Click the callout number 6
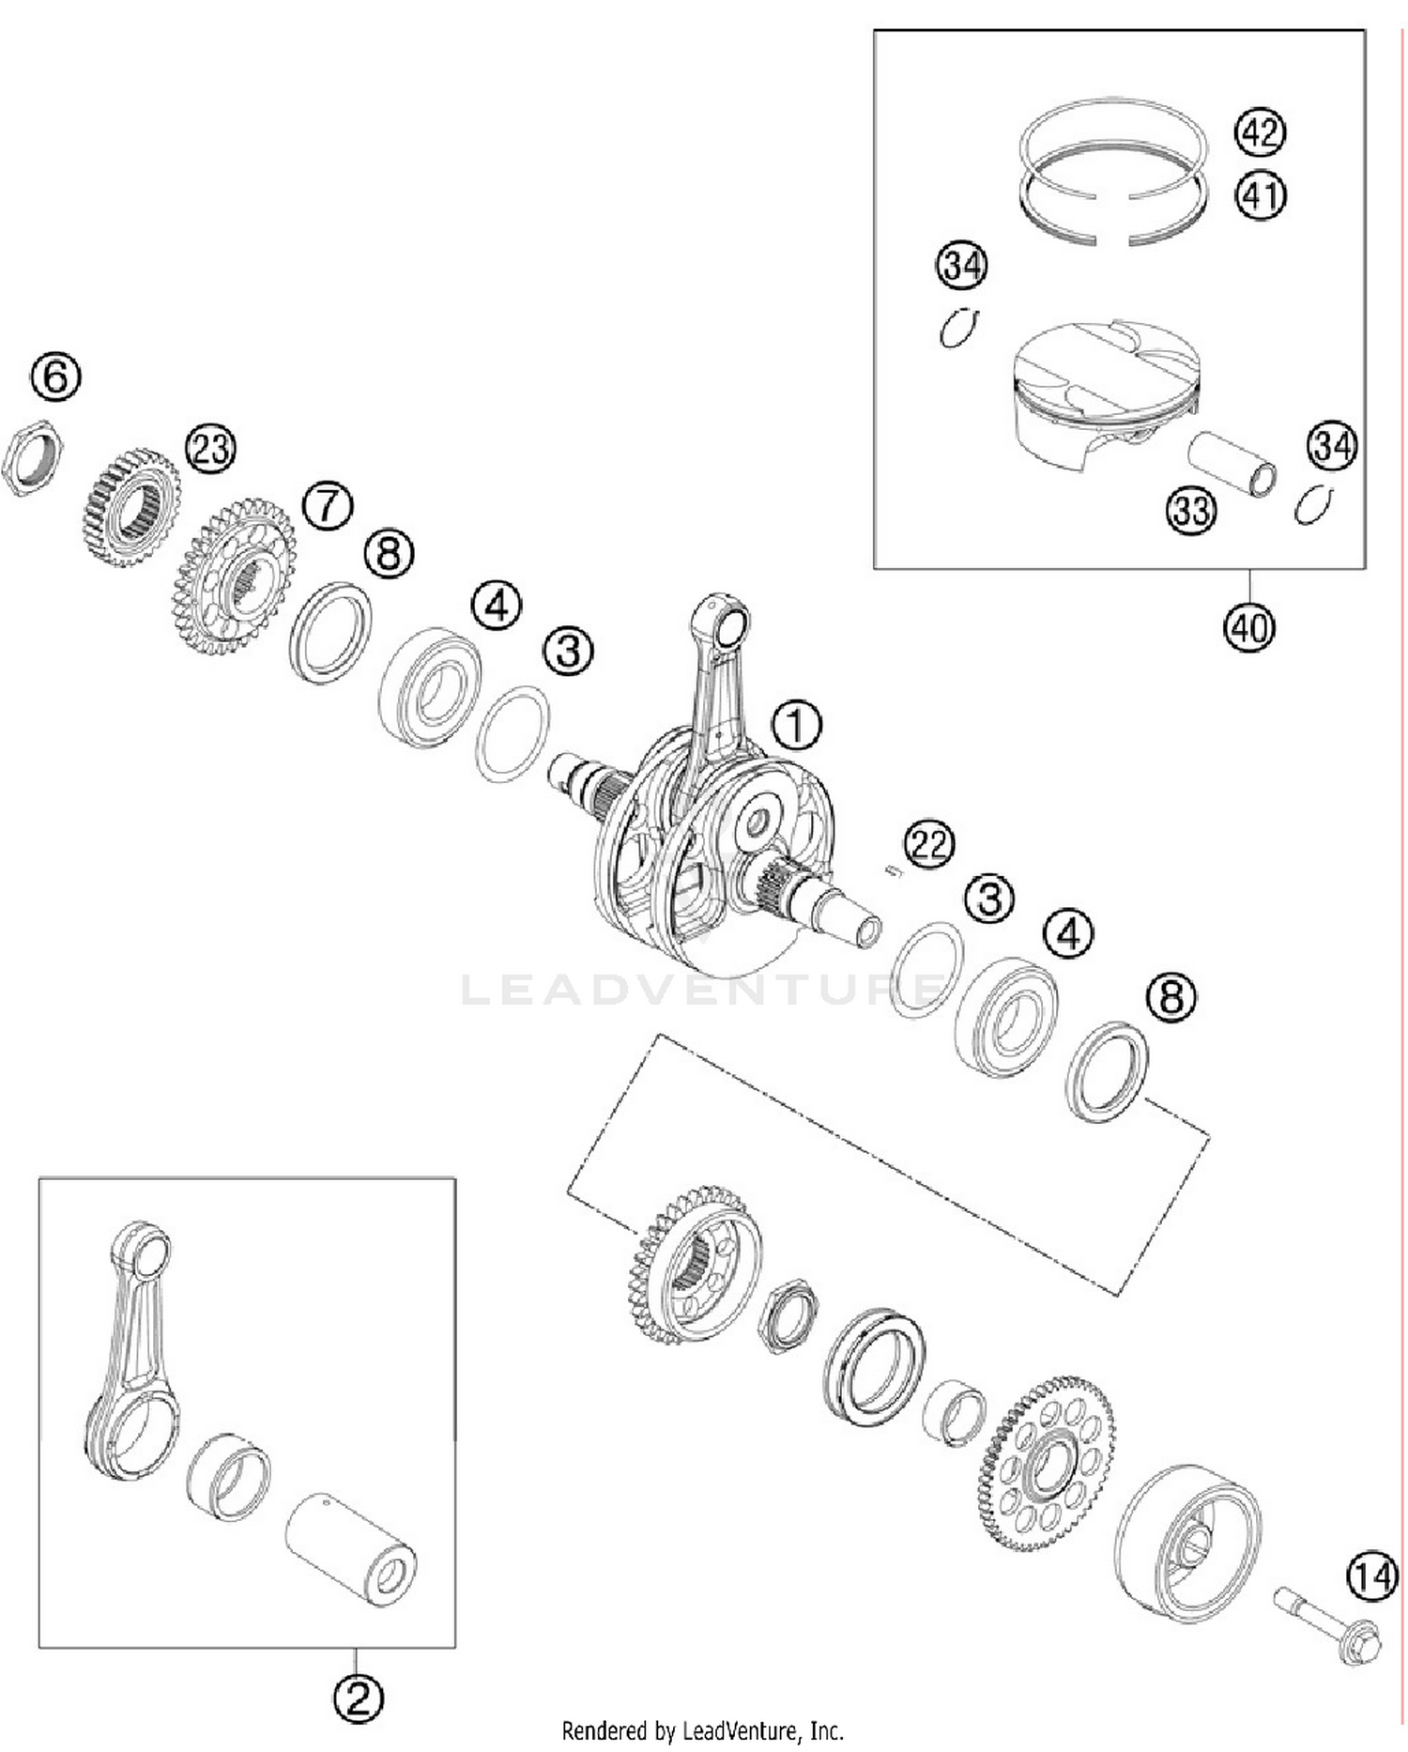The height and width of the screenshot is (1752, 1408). point(55,376)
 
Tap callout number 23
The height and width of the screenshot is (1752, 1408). point(211,449)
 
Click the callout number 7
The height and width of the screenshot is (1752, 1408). point(328,505)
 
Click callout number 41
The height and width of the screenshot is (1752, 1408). point(1260,195)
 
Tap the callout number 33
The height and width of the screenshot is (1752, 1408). point(1191,511)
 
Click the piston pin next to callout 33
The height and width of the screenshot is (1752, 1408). point(1232,464)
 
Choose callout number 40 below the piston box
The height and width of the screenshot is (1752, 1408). point(1249,626)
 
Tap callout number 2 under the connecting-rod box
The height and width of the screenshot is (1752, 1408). point(358,1697)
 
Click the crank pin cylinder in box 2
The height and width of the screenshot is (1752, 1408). point(350,1550)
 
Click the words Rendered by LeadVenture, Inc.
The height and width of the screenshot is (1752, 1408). point(702,1729)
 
